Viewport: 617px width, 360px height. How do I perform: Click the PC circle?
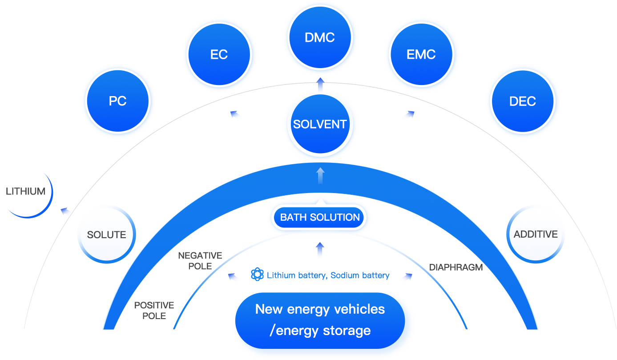pos(118,101)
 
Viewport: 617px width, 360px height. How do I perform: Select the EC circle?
pos(219,55)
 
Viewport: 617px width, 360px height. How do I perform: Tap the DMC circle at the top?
pos(320,38)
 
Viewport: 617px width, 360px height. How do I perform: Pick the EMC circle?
pos(421,55)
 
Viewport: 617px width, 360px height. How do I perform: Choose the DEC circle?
pos(522,101)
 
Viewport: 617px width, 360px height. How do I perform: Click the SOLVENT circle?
pos(320,124)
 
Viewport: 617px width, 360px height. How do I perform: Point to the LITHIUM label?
pos(26,191)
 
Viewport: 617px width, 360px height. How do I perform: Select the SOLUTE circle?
pos(106,235)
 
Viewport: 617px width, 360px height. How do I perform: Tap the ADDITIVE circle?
pos(536,234)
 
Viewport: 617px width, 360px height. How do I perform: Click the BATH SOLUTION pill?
pos(320,218)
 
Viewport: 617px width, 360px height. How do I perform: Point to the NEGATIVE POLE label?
pos(200,261)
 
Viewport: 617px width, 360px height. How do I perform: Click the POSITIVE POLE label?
pos(154,311)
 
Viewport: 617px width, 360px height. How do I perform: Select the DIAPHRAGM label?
pos(456,267)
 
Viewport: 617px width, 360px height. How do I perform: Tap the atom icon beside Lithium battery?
pos(257,275)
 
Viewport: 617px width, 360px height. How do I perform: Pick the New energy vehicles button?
pos(320,320)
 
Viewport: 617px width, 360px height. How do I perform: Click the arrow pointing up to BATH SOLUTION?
pos(320,250)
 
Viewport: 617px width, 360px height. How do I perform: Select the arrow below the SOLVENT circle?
pos(320,175)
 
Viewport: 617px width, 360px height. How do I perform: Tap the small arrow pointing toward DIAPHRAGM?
pos(407,277)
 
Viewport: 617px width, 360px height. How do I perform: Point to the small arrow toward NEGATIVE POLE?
pos(232,277)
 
